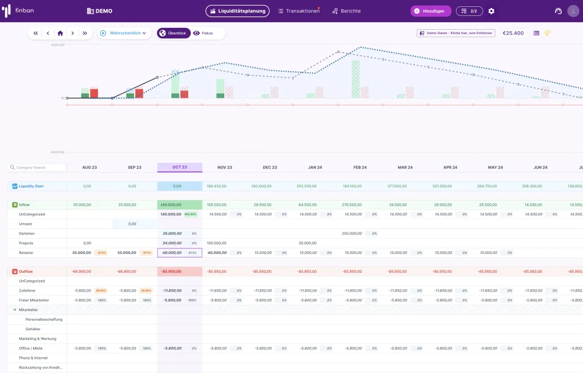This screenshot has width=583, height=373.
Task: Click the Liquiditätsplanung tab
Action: tap(237, 11)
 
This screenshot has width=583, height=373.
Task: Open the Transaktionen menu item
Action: tap(298, 11)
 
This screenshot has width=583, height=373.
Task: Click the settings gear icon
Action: tap(491, 11)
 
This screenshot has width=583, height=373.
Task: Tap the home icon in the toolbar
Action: tap(60, 33)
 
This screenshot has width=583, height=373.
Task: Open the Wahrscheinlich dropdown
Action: tap(123, 33)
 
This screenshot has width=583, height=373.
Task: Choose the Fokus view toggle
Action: tap(203, 33)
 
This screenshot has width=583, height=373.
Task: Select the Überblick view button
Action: tap(174, 33)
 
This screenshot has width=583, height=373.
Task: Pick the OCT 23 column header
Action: tap(180, 167)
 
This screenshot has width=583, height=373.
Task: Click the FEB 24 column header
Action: tap(360, 167)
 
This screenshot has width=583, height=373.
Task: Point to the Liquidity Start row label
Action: tap(31, 186)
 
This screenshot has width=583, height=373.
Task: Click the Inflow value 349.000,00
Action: tap(171, 204)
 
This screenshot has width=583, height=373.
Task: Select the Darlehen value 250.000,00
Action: tap(351, 233)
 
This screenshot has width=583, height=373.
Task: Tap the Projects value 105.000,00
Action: tap(216, 243)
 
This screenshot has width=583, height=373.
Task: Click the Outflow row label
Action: tap(25, 272)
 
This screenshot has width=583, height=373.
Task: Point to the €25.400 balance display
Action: tap(513, 33)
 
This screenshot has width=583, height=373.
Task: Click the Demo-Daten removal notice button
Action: tap(456, 33)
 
